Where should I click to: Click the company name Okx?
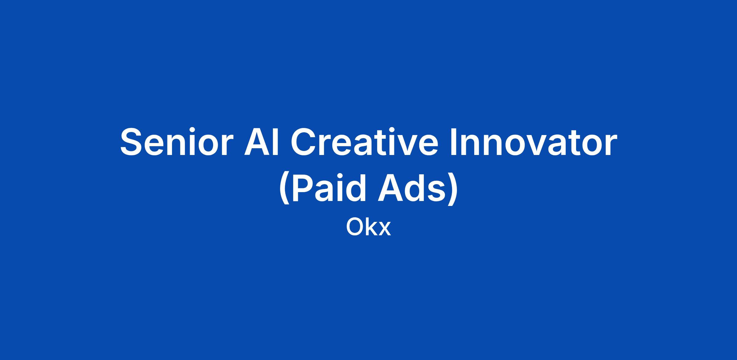[368, 227]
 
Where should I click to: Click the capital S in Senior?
[133, 142]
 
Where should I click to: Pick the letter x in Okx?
[385, 230]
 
